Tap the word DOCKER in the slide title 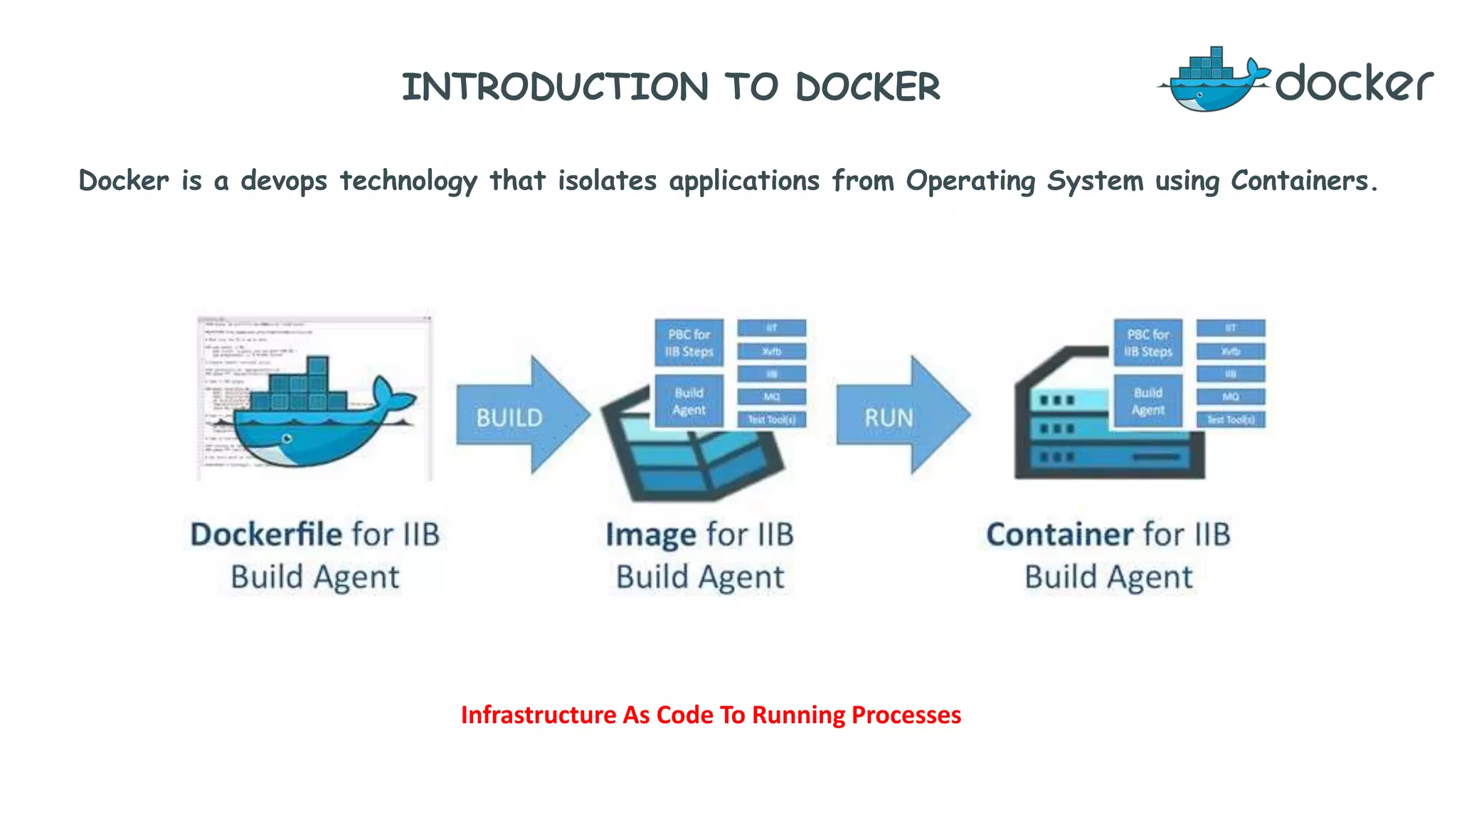(868, 87)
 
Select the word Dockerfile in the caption (265, 535)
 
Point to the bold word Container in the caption (1059, 535)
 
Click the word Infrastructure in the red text (539, 715)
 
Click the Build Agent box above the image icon (689, 401)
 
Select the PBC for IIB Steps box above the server (1148, 343)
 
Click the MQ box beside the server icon (1230, 396)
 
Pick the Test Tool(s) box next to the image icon (771, 419)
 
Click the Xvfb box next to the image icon (771, 351)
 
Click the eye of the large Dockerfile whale (287, 438)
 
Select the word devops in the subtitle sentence (283, 181)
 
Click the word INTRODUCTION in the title (555, 87)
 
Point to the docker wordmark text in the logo (1353, 84)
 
